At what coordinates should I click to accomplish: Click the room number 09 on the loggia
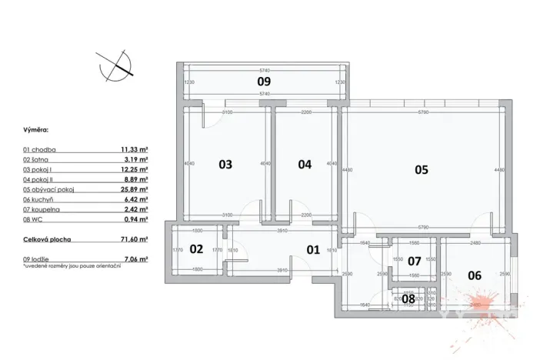tap(264, 80)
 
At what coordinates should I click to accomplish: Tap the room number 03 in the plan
tap(225, 164)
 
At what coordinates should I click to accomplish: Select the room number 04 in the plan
tap(305, 164)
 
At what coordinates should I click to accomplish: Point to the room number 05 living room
tap(421, 170)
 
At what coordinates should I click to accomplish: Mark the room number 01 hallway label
tap(313, 249)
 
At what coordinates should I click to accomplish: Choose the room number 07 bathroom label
tap(415, 262)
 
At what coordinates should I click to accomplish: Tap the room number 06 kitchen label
tap(475, 275)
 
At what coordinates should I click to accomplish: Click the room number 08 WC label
tap(408, 298)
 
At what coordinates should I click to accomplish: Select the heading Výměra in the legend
tap(35, 131)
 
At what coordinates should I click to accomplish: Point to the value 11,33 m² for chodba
tap(133, 150)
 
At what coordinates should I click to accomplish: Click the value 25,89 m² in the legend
tap(133, 189)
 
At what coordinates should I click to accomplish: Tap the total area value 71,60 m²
tap(133, 240)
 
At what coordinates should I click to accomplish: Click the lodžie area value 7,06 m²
tap(135, 260)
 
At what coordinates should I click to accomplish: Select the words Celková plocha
tap(47, 240)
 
